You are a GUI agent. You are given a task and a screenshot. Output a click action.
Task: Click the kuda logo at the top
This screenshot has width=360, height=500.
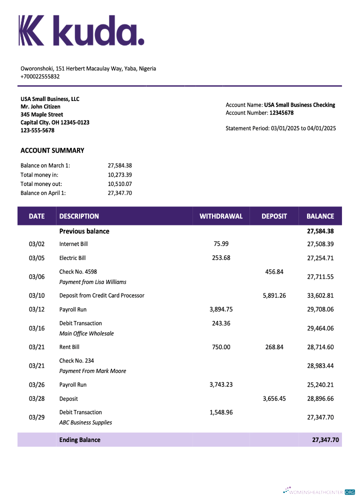tap(81, 30)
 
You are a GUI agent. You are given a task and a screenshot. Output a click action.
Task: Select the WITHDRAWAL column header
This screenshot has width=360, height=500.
tap(221, 216)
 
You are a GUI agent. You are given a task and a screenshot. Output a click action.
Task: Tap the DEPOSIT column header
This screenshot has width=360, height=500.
tap(274, 216)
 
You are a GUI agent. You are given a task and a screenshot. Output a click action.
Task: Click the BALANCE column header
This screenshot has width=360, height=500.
tap(320, 216)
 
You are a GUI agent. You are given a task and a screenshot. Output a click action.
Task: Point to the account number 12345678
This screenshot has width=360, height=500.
tap(281, 113)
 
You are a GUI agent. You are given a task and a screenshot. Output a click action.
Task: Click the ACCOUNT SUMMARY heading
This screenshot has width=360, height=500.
tap(52, 150)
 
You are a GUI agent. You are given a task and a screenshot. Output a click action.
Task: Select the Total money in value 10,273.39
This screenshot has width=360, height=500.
tap(119, 174)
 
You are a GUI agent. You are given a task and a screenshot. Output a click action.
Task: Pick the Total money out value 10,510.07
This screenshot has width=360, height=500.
tap(119, 183)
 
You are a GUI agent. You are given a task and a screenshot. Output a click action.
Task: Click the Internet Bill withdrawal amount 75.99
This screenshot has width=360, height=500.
tap(221, 244)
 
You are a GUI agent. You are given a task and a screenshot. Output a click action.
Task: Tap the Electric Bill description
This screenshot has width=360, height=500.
tap(72, 258)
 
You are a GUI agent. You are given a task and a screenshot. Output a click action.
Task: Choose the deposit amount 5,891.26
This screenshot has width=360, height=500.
tap(274, 295)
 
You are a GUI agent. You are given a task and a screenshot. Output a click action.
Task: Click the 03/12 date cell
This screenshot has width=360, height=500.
tap(36, 309)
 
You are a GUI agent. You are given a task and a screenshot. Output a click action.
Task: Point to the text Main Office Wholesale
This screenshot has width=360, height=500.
tap(86, 333)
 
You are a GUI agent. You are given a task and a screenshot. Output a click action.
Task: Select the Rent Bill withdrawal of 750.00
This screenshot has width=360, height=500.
tap(221, 347)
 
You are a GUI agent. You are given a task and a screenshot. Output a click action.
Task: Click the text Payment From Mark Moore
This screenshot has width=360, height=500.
tap(92, 371)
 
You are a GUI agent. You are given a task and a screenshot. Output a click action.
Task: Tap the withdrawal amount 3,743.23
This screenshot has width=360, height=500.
tap(221, 384)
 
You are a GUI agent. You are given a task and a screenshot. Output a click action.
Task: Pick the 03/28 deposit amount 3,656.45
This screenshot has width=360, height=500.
tap(274, 398)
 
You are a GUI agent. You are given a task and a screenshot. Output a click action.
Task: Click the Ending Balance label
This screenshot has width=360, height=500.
tap(80, 440)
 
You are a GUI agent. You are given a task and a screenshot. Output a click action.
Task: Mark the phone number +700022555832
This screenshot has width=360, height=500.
tap(40, 76)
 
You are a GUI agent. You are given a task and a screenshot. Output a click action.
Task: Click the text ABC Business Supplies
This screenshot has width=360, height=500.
tap(85, 422)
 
